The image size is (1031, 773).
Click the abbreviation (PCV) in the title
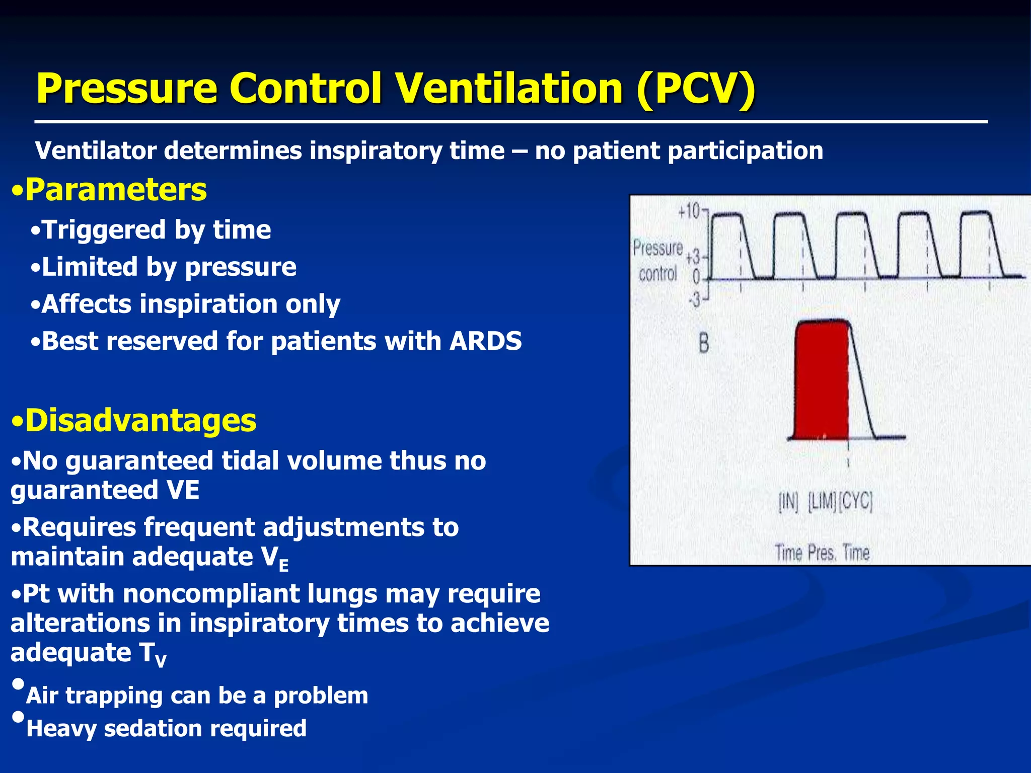(x=695, y=89)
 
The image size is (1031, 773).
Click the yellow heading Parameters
(x=116, y=190)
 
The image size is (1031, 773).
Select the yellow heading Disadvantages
(x=140, y=420)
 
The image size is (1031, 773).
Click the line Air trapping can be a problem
(x=197, y=695)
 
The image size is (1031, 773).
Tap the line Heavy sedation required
(x=166, y=728)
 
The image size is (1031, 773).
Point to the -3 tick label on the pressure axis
(x=694, y=300)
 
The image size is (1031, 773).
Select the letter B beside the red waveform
(x=704, y=344)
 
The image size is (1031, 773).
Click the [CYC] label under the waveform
(x=855, y=501)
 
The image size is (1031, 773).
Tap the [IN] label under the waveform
(x=788, y=502)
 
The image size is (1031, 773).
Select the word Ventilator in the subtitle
(x=95, y=150)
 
